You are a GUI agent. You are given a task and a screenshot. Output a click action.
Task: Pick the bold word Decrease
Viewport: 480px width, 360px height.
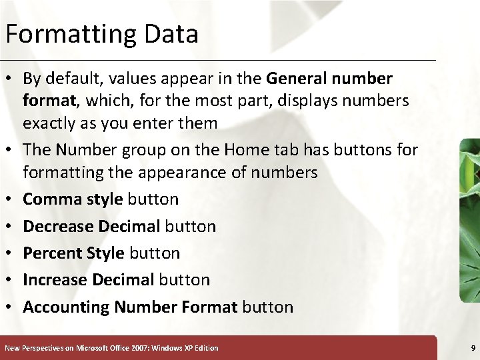coord(58,226)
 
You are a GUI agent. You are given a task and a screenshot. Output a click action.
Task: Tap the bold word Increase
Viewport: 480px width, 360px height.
coord(55,280)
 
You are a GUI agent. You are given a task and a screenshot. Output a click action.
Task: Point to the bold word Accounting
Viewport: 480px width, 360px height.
coord(66,307)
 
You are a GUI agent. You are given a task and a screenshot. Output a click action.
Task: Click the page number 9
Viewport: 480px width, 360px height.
coord(473,348)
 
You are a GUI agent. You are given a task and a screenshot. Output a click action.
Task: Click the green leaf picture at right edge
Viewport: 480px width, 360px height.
coord(470,220)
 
